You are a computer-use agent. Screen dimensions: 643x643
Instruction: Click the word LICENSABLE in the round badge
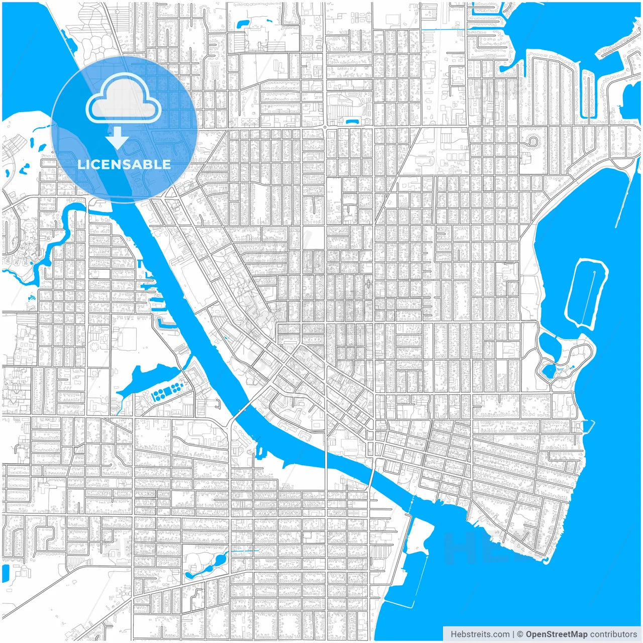click(124, 164)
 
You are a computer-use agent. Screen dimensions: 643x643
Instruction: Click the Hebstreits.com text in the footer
click(480, 634)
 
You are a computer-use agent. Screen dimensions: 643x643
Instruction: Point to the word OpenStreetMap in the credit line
click(556, 634)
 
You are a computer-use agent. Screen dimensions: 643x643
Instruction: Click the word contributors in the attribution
click(613, 634)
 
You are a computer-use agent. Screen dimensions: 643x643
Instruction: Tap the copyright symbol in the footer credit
click(520, 634)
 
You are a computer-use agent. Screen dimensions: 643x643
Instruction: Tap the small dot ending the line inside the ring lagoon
click(594, 272)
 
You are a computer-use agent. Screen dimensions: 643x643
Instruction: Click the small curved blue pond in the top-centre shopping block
click(350, 121)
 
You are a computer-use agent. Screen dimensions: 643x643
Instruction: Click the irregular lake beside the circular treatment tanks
click(143, 379)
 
